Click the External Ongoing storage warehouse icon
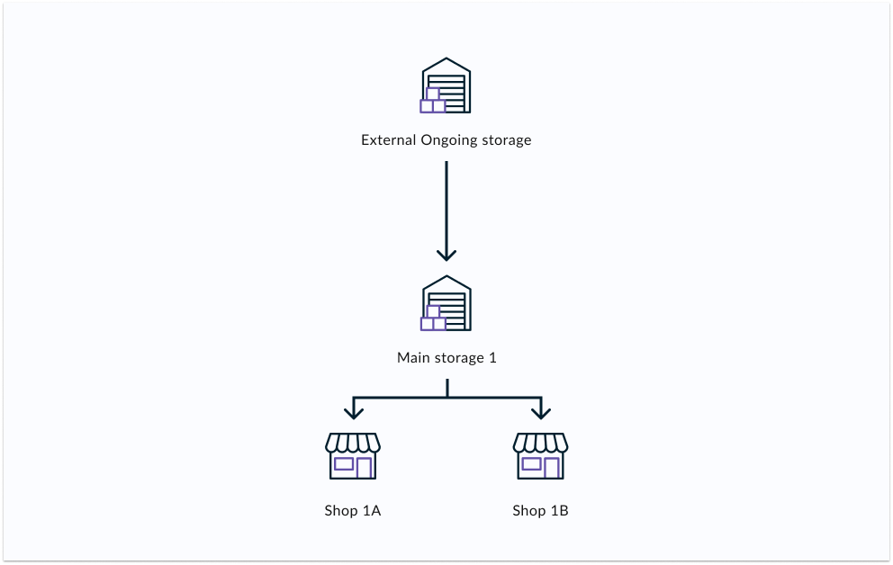tap(446, 86)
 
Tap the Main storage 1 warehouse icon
tap(446, 303)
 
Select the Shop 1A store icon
tap(353, 456)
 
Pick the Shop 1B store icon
tap(540, 456)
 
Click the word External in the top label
tap(389, 140)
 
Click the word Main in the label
tap(413, 358)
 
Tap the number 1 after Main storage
tap(492, 358)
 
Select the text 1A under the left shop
tap(372, 511)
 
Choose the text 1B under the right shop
tap(559, 511)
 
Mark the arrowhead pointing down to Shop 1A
tap(353, 411)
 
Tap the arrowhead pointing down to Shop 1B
tap(540, 411)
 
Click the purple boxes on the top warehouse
tap(433, 102)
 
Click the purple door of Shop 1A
tap(364, 468)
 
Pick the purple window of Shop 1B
tap(531, 464)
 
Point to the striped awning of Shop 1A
tap(353, 443)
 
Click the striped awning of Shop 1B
tap(540, 443)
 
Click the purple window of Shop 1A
tap(344, 464)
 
